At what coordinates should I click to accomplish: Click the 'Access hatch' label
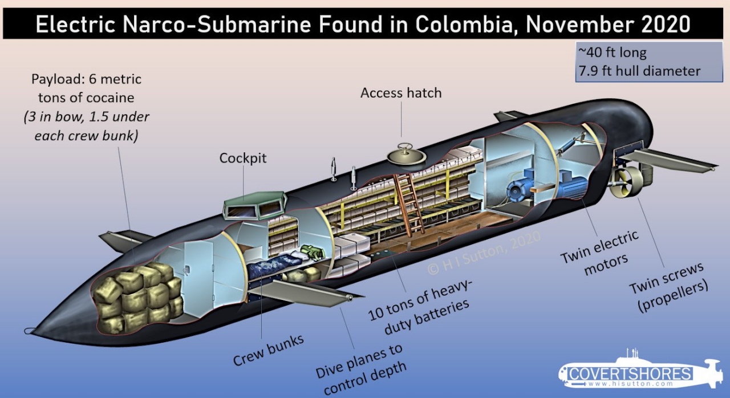(x=401, y=92)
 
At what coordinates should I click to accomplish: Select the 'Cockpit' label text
(x=243, y=158)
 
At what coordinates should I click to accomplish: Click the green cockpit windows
(x=255, y=206)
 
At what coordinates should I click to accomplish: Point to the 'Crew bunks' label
(x=268, y=350)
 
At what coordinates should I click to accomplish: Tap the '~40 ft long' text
(x=613, y=53)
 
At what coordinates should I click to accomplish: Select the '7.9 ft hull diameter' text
(x=639, y=71)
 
